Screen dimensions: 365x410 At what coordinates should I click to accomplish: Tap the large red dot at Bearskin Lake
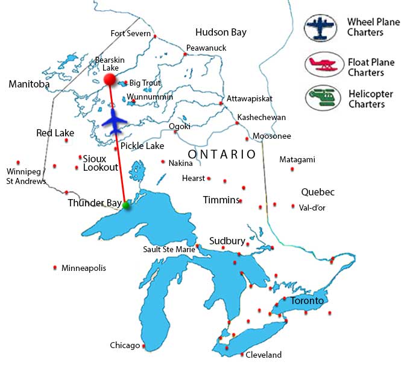coord(110,80)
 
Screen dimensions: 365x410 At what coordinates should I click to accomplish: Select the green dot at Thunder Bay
coord(125,206)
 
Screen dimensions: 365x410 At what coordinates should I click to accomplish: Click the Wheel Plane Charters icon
coord(321,28)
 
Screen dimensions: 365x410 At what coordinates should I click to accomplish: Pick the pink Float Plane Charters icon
coord(321,64)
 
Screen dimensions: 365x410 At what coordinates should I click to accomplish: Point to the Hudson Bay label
coord(221,33)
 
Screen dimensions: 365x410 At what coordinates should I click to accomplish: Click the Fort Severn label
coord(130,33)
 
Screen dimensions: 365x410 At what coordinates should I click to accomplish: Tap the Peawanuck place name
coord(205,48)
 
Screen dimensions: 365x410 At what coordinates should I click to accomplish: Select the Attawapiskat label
coord(250,98)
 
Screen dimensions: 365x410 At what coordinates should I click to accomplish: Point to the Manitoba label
coord(29,84)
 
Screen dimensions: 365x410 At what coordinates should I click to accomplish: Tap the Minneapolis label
coord(84,268)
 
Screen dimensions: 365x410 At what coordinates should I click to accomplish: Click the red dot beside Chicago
coord(144,346)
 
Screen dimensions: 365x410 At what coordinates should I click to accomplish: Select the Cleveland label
coord(263,355)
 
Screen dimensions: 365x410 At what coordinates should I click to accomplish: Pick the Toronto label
coord(307,300)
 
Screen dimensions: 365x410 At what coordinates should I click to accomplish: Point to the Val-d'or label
coord(312,206)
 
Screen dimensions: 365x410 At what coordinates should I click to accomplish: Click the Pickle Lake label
coord(142,146)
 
